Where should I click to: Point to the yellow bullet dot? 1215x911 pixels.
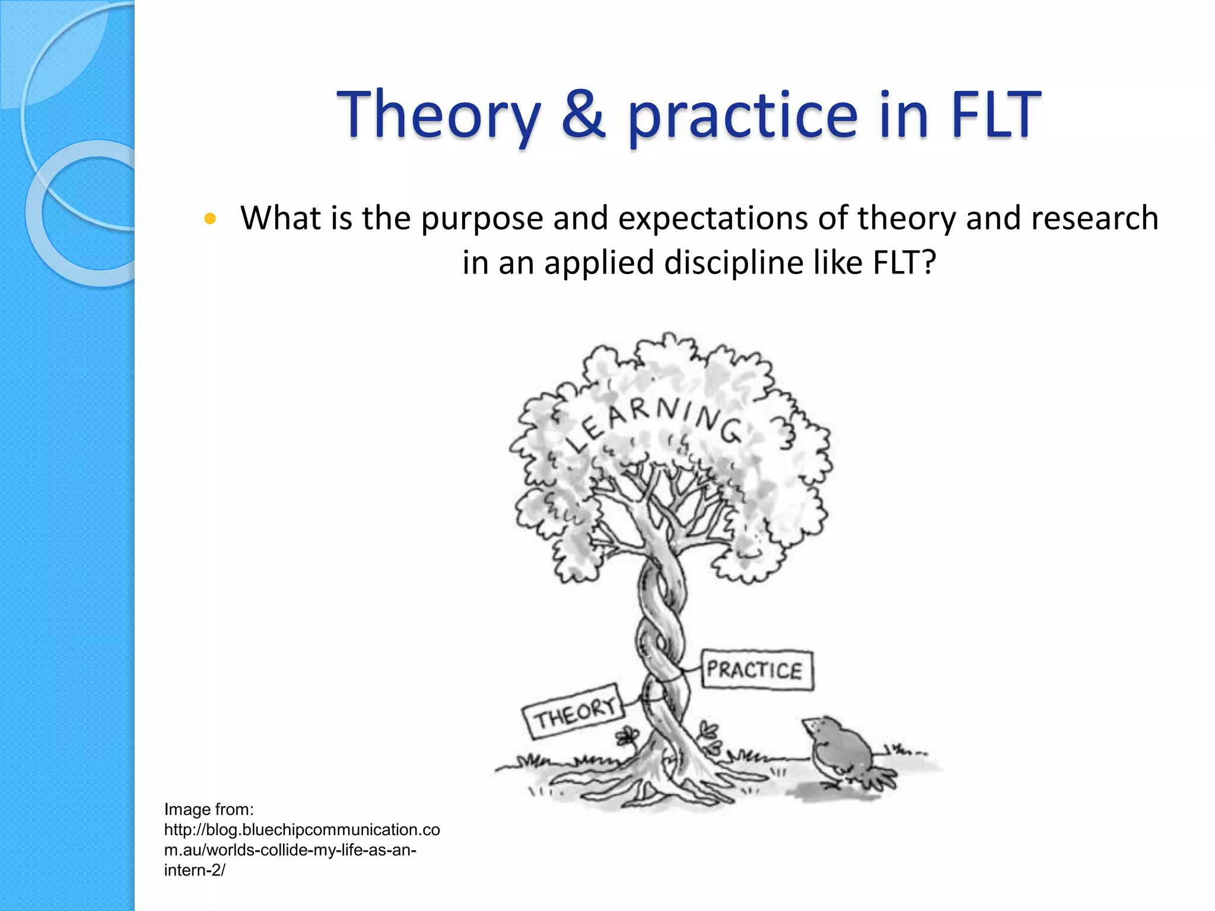pyautogui.click(x=209, y=219)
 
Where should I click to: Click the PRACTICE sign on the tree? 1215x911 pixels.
pyautogui.click(x=756, y=670)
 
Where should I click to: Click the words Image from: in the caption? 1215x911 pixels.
pyautogui.click(x=209, y=809)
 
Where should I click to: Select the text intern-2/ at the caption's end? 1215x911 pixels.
pyautogui.click(x=194, y=870)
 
